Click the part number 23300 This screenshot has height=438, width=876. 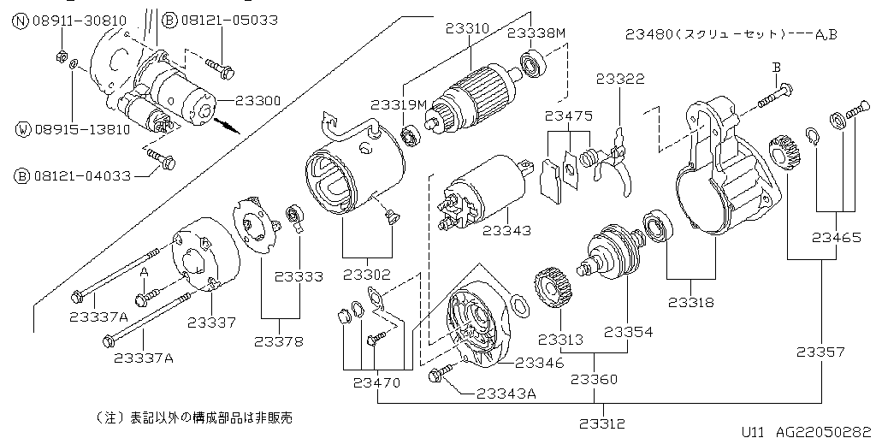(x=257, y=100)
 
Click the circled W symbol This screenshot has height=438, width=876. (x=22, y=130)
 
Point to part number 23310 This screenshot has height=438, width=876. (x=467, y=28)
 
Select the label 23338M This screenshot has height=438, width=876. (x=536, y=33)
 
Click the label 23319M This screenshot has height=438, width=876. (x=398, y=104)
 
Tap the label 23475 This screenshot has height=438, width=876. (x=568, y=115)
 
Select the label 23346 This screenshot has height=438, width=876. (x=539, y=363)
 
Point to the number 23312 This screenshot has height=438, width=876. (x=602, y=423)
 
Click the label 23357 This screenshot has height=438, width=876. (x=820, y=352)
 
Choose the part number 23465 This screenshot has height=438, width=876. (x=837, y=238)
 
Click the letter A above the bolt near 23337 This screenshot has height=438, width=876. (x=145, y=271)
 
